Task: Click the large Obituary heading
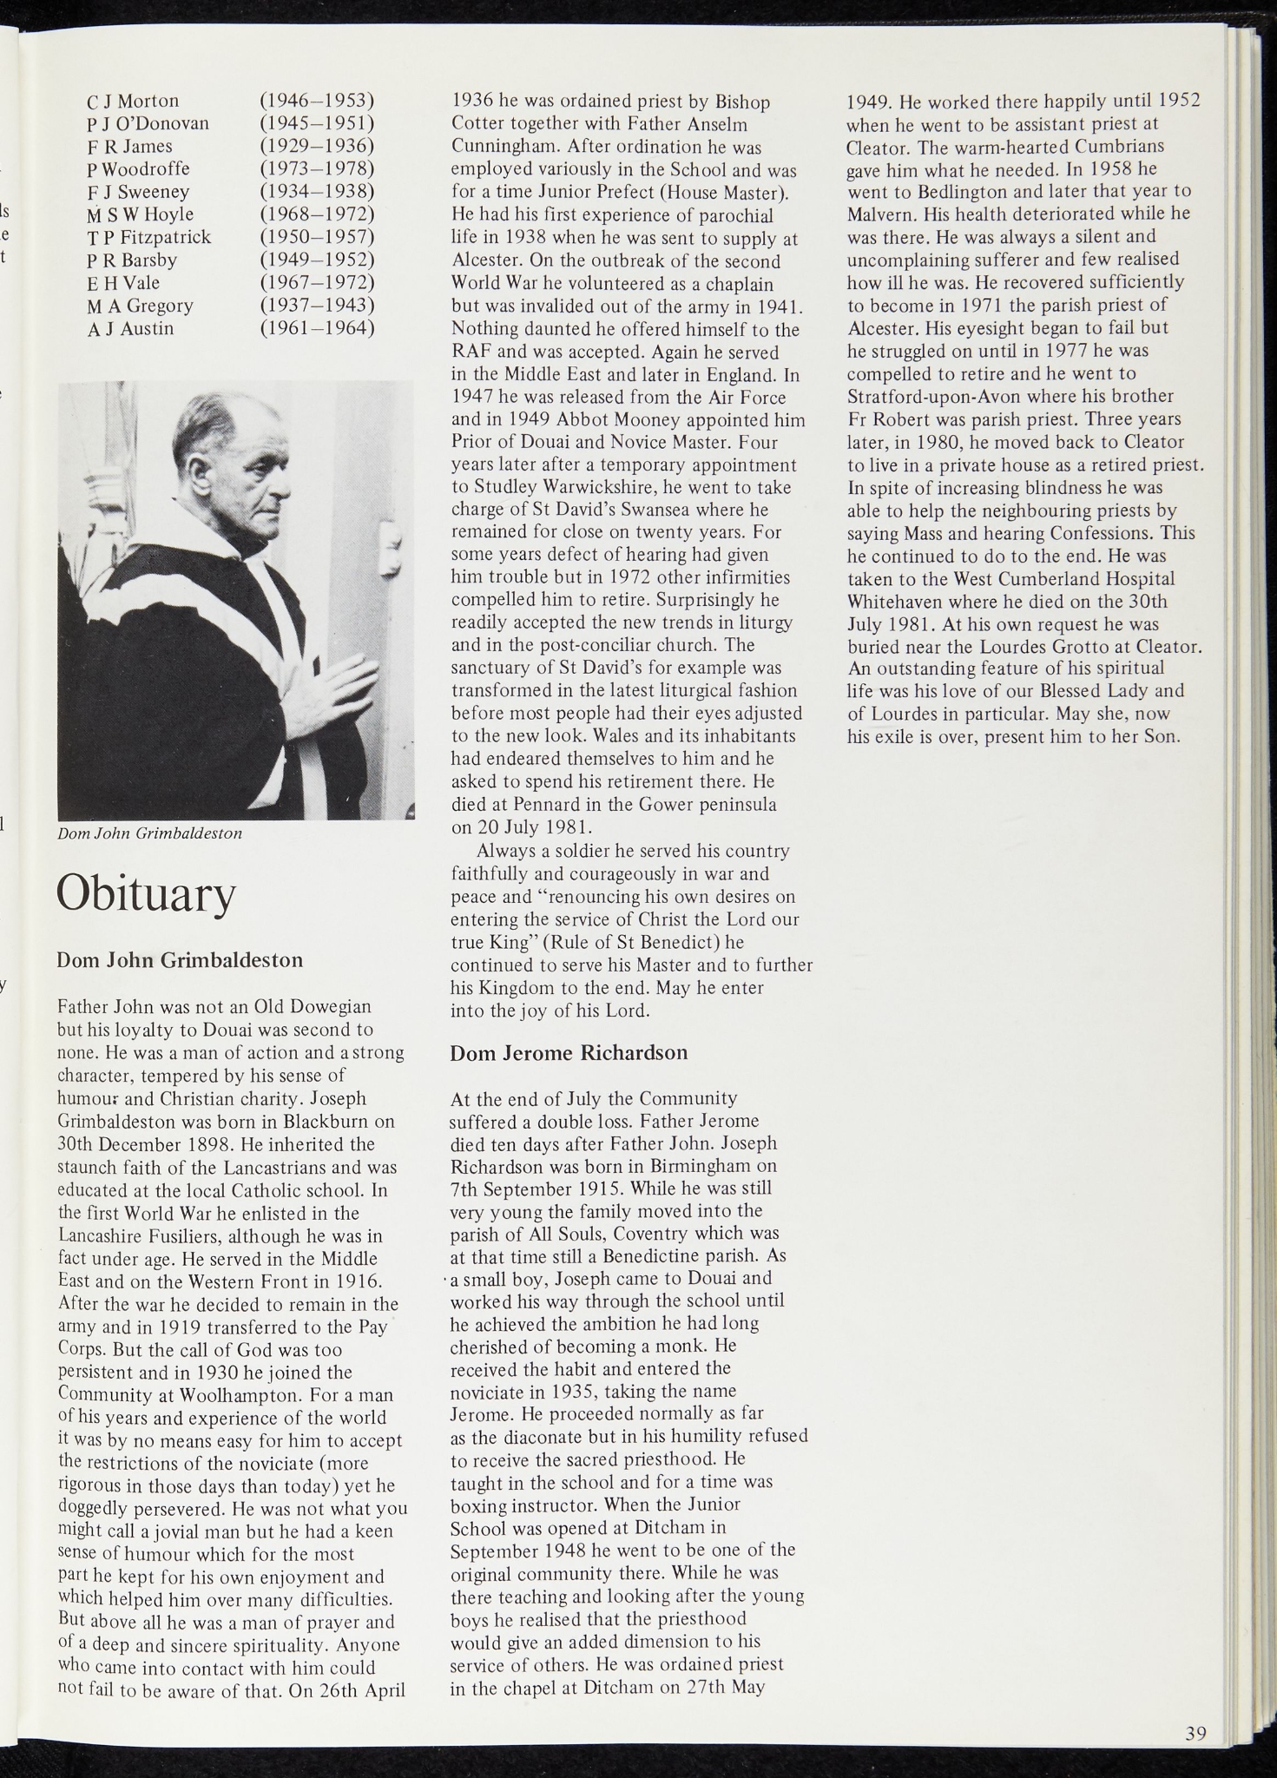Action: [146, 895]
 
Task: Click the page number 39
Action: [1195, 1735]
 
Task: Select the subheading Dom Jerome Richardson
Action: [569, 1053]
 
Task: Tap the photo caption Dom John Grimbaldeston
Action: [149, 833]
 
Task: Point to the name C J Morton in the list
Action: [133, 102]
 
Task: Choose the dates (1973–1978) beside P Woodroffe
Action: [317, 168]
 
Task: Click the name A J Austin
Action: [130, 329]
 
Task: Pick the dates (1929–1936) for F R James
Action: [317, 146]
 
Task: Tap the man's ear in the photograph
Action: [200, 474]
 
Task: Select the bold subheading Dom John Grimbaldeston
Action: [180, 960]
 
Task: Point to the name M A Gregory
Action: [140, 306]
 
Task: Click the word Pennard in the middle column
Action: [550, 805]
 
